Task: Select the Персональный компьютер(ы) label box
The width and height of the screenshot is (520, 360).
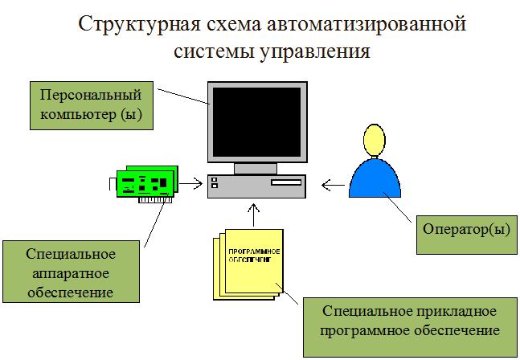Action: pos(90,104)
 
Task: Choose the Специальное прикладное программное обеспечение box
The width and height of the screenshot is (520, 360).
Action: pos(408,320)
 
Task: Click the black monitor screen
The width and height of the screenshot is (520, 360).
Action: pos(256,121)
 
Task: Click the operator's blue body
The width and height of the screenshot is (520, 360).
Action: pos(374,178)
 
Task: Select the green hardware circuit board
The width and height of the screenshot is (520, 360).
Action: pos(147,182)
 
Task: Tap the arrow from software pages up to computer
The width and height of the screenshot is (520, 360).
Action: pos(254,215)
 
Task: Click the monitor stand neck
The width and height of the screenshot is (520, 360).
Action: pos(256,167)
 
